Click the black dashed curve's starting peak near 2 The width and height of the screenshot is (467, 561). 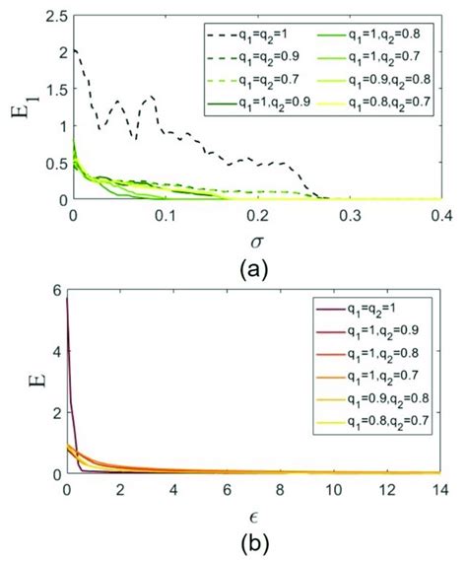pyautogui.click(x=75, y=50)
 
